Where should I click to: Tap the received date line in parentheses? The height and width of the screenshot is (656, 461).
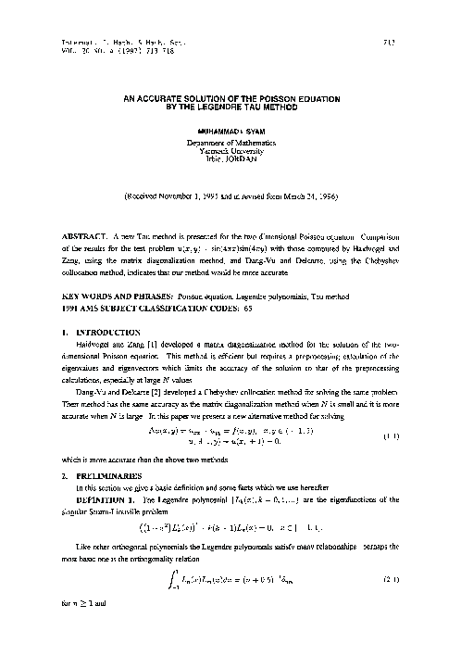tap(230, 197)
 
